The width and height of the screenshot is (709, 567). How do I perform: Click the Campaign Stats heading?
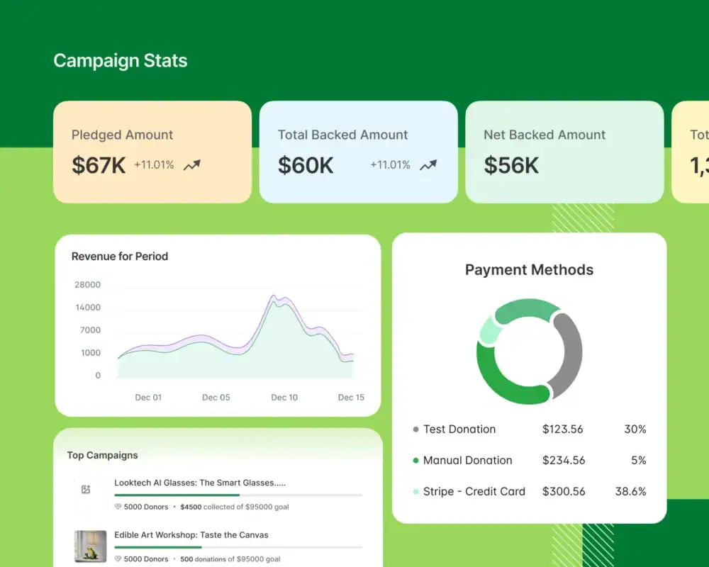pos(121,61)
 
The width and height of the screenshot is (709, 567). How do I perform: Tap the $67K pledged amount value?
pos(99,165)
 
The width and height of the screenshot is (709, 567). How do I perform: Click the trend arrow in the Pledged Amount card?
pos(192,165)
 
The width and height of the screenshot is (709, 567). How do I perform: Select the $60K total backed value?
pos(306,165)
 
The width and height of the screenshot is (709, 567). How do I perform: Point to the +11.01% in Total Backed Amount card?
pos(390,165)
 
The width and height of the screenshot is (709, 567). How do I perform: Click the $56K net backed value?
pos(511,165)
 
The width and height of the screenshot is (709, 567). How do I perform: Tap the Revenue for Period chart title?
pos(120,257)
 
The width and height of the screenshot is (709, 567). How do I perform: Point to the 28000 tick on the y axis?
pos(88,285)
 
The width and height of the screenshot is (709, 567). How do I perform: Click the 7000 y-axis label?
pos(91,330)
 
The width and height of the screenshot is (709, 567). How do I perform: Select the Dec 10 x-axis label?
pos(284,398)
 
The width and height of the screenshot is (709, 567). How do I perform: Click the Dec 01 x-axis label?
pos(148,398)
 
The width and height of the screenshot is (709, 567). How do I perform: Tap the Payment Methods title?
pos(529,270)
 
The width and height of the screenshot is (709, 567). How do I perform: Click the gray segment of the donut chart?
pos(569,354)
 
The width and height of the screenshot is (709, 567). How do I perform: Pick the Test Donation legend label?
pos(459,430)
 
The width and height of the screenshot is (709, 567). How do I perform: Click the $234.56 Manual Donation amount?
pos(564,461)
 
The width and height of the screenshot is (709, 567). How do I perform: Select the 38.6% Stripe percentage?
pos(630,492)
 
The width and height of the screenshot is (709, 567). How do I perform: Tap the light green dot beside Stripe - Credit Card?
pos(415,492)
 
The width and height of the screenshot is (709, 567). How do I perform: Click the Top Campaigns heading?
pos(102,456)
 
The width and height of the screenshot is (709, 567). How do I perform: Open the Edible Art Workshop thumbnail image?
pos(90,546)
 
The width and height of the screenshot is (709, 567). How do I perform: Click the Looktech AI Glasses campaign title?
pos(200,483)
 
